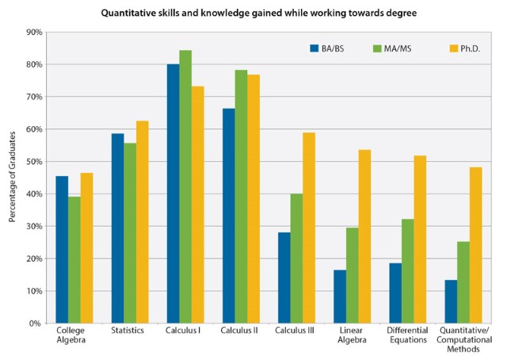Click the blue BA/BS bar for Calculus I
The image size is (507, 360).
[173, 193]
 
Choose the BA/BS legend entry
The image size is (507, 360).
[330, 48]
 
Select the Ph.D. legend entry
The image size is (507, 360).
[440, 48]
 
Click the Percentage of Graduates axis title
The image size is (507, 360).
[12, 178]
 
